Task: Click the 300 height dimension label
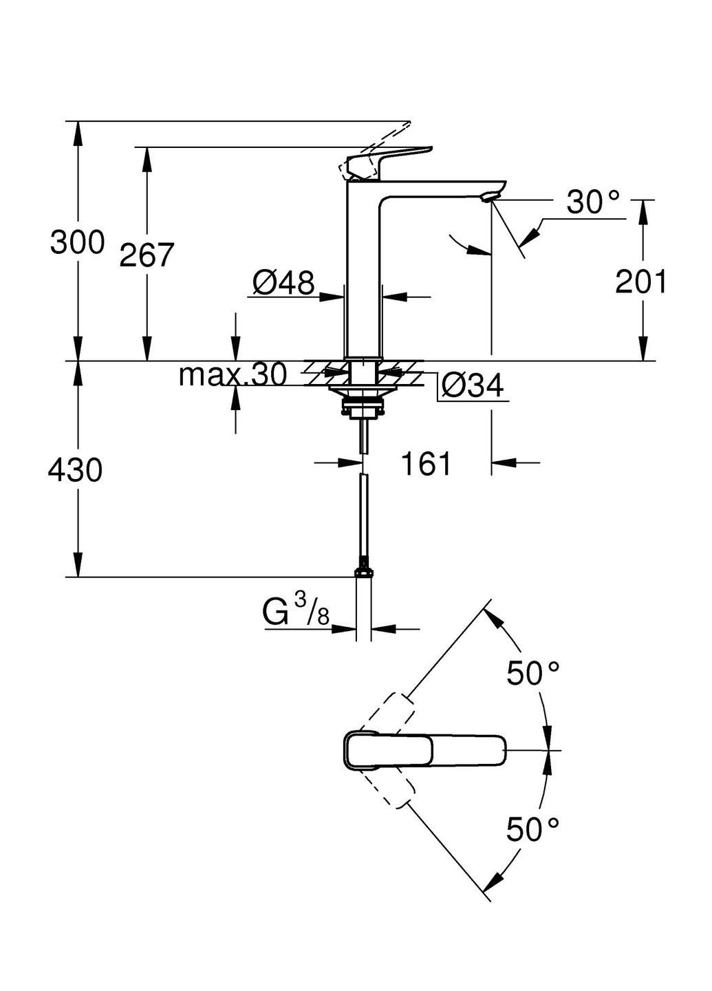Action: coord(77,242)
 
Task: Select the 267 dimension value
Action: coord(147,255)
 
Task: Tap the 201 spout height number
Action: coord(640,281)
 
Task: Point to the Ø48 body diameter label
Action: coord(283,281)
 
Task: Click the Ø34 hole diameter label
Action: coord(472,385)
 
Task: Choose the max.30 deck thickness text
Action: coord(232,375)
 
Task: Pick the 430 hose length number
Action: coord(75,471)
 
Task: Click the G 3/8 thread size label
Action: coord(296,612)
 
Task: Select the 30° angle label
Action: coord(592,202)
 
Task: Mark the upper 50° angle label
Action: coord(533,673)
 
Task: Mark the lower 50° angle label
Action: coord(533,829)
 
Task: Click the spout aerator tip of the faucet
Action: coord(489,198)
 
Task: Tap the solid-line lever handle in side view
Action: coord(392,159)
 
